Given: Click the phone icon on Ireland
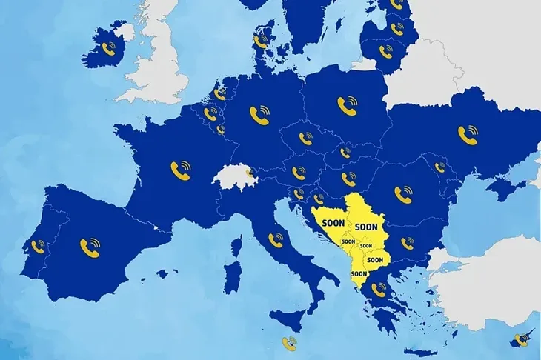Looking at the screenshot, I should click(110, 50).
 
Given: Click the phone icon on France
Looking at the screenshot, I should click(180, 170).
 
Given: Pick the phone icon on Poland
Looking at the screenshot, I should click(346, 106).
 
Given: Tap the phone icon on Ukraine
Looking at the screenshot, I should click(468, 133).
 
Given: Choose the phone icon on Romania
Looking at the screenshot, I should click(403, 194).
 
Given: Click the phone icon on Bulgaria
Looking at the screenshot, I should click(407, 243).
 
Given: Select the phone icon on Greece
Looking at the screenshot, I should click(379, 290).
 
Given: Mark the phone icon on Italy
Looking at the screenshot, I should click(276, 239).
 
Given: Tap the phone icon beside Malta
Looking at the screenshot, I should click(288, 342).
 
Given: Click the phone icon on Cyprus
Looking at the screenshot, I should click(521, 340).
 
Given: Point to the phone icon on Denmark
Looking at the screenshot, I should click(260, 41).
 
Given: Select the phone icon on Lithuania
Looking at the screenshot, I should click(385, 51).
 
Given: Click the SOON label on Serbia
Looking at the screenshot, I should click(366, 226).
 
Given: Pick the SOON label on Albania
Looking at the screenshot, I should click(359, 273).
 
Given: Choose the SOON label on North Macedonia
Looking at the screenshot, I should click(375, 260).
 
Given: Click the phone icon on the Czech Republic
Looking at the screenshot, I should click(305, 137).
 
